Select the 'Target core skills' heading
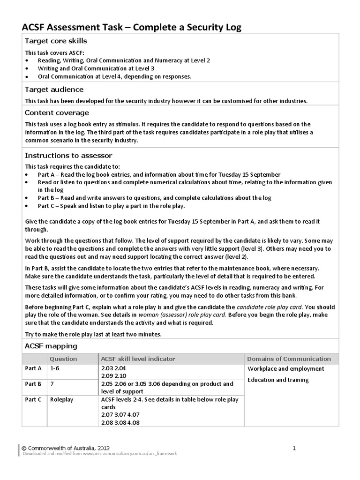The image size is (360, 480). [56, 41]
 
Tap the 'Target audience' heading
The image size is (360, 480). [54, 90]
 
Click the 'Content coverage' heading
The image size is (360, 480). [56, 113]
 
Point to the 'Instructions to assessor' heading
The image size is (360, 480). [68, 156]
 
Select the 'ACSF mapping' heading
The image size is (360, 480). [51, 346]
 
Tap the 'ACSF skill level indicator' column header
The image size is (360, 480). [138, 359]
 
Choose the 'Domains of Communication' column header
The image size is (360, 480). [289, 359]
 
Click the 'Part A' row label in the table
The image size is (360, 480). [33, 369]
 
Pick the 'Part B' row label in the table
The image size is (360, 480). [33, 384]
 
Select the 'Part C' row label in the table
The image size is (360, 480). [33, 400]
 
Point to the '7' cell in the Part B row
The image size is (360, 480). [52, 384]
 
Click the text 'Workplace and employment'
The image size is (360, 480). [285, 369]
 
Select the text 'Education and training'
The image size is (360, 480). [278, 380]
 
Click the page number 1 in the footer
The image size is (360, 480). [294, 448]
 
